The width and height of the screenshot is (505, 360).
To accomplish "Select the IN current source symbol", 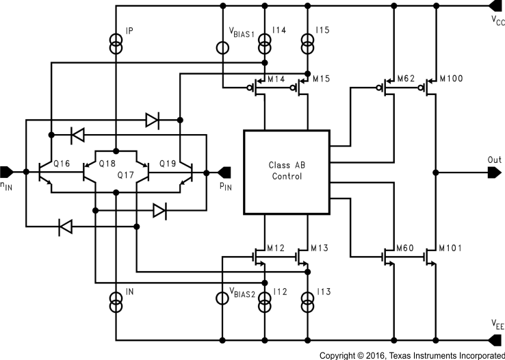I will [116, 301].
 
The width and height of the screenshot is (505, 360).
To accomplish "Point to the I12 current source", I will [264, 301].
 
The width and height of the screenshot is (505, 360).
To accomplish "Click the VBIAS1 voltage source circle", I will [222, 48].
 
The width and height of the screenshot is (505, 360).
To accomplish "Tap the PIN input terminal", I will [224, 171].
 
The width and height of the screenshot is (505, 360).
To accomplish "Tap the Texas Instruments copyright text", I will [411, 355].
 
